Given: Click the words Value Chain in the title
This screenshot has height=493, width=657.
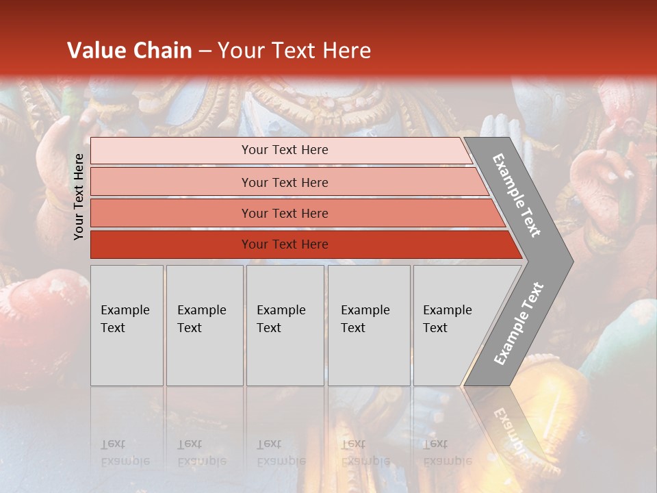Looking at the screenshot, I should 129,51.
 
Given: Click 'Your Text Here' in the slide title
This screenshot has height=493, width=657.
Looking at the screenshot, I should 294,51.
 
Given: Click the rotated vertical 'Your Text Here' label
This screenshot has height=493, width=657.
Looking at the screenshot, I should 79,197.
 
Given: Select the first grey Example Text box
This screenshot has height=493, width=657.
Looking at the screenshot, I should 127,325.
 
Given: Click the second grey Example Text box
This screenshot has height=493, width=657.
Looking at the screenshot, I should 205,325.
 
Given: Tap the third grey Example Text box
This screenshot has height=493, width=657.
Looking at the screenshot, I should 285,325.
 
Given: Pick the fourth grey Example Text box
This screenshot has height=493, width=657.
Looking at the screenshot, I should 369,325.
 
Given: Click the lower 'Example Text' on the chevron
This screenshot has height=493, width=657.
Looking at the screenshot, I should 519,323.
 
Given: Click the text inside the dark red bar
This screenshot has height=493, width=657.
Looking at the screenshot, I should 285,244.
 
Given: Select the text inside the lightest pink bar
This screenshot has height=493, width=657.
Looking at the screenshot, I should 285,150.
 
